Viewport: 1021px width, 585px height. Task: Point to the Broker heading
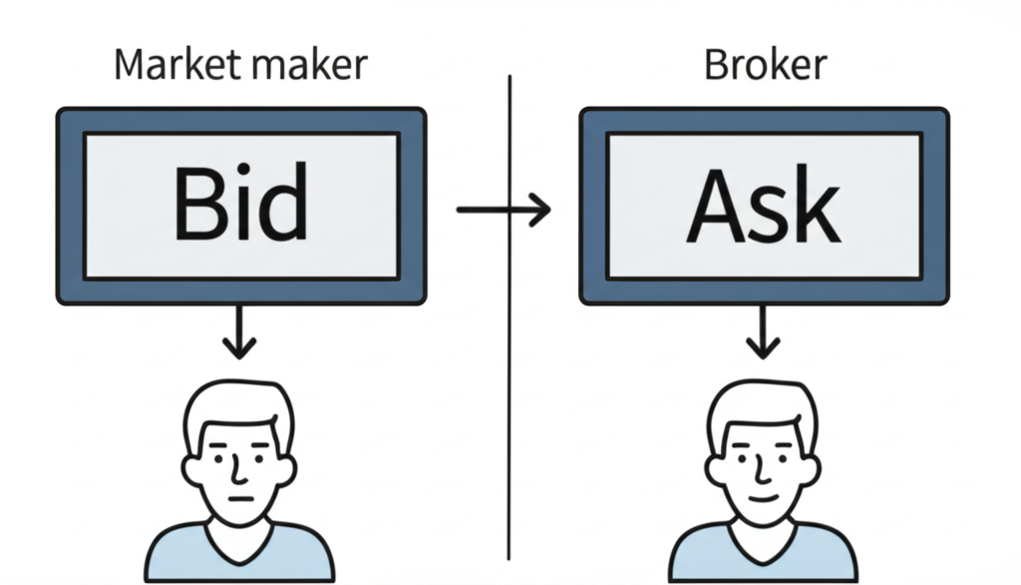[765, 65]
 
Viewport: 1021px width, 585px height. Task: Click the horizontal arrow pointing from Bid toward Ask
[503, 210]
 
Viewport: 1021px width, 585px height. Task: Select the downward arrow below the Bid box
[239, 333]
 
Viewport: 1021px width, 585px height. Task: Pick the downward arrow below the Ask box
[764, 333]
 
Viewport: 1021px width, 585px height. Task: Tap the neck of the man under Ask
[763, 527]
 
